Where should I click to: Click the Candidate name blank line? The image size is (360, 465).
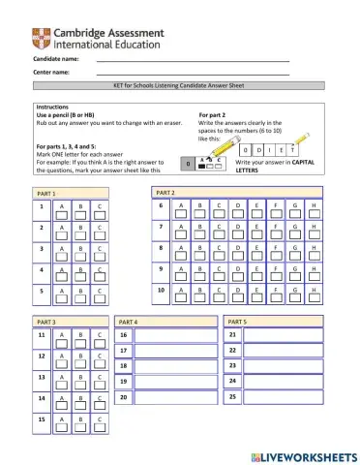(x=193, y=60)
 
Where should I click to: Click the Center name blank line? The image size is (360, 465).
(x=193, y=74)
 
